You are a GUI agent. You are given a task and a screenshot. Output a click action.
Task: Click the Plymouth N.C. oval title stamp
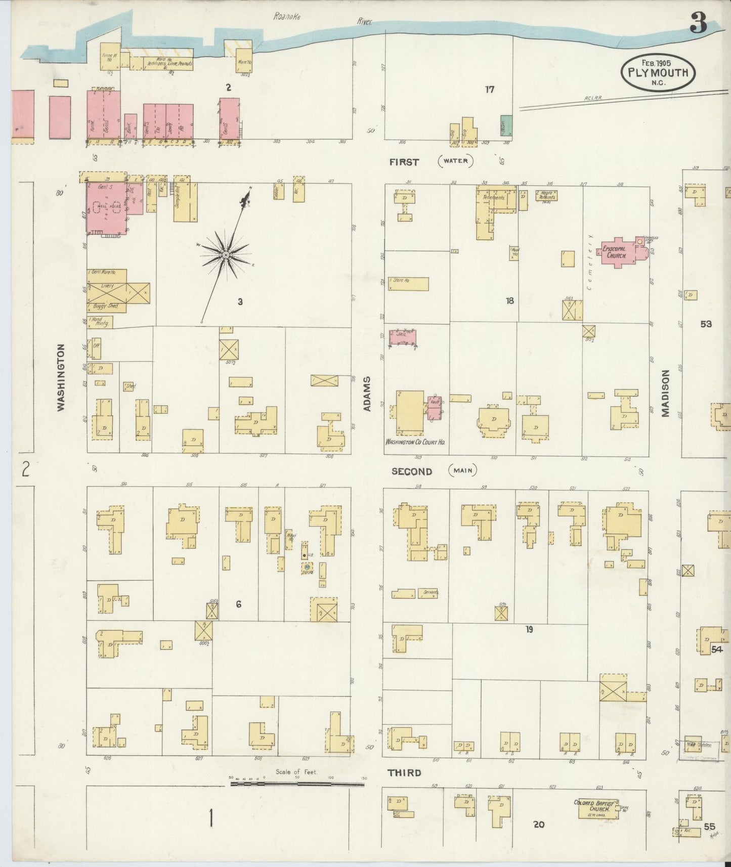(x=658, y=72)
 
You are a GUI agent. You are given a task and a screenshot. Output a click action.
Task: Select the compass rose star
(x=226, y=255)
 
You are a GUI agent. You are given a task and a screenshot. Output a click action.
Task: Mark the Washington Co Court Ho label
(x=415, y=442)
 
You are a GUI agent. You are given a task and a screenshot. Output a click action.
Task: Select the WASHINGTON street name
(x=61, y=377)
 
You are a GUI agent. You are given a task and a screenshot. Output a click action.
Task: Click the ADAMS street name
(x=368, y=394)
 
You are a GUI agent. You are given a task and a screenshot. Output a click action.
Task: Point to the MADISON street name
(x=665, y=394)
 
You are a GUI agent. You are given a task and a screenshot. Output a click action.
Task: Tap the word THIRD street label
(x=404, y=773)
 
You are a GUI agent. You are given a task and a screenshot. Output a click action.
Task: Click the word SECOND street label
(x=412, y=471)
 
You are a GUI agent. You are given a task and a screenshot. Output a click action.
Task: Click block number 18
(x=509, y=301)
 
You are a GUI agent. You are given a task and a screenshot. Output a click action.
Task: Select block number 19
(x=529, y=630)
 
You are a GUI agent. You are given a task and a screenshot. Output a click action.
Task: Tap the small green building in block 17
(x=506, y=126)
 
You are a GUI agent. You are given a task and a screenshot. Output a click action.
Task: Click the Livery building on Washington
(x=107, y=286)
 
